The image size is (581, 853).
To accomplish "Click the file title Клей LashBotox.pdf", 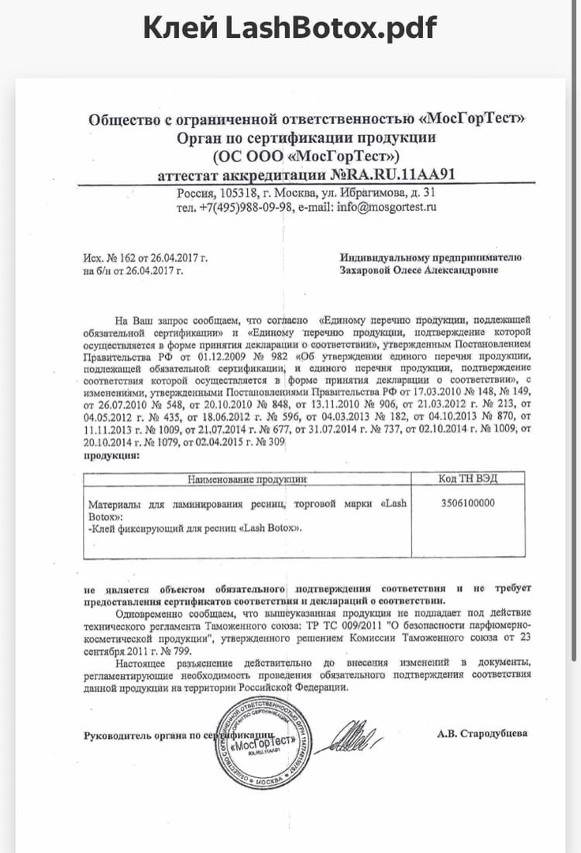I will pos(290,29).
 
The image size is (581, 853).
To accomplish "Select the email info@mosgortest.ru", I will pos(386,207).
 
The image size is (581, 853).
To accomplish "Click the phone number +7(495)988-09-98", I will pos(246,207).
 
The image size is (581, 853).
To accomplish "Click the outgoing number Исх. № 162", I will pos(110,257).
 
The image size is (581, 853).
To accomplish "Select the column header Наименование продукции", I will pos(246,479).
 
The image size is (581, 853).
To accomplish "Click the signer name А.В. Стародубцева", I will pos(482,733).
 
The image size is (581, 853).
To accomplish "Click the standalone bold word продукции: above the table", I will pos(111,457).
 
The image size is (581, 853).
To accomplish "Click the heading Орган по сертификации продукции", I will pos(306,137).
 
